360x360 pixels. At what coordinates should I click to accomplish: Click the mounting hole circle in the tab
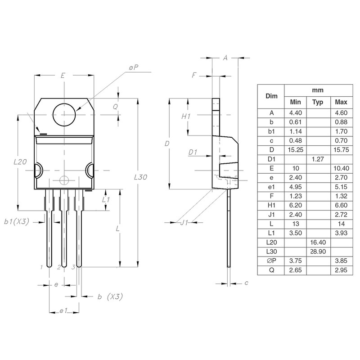click(x=64, y=115)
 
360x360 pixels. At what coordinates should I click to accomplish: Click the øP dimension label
click(x=133, y=67)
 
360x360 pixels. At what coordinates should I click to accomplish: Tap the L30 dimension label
click(x=141, y=177)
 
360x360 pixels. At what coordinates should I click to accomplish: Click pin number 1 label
click(x=41, y=267)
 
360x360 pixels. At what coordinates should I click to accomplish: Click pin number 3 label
click(x=73, y=267)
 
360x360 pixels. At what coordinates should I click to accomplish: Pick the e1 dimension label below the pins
click(x=63, y=311)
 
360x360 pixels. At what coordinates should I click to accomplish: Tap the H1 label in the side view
click(x=186, y=116)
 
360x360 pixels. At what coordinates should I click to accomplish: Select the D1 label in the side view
click(x=193, y=153)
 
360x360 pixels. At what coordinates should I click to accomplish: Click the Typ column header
click(x=318, y=102)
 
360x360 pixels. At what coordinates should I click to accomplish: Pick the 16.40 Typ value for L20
click(x=318, y=242)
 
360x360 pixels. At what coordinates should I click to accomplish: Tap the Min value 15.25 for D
click(x=295, y=149)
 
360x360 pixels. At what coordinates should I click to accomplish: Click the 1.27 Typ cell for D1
click(x=318, y=158)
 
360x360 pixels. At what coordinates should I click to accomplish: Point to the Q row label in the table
click(x=270, y=270)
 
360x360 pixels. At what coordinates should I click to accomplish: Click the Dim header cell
click(x=270, y=96)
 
